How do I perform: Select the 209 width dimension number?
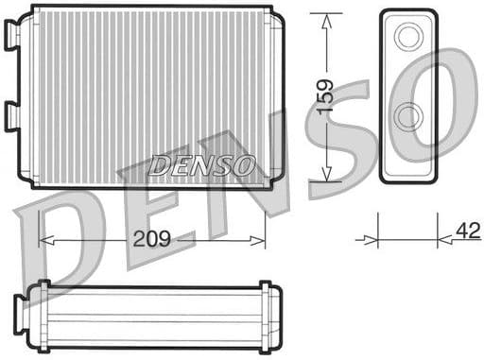(x=151, y=239)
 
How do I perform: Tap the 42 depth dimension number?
(x=467, y=231)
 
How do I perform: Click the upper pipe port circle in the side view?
(x=409, y=38)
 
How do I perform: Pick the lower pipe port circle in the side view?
(x=409, y=117)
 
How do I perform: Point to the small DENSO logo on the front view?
(x=202, y=166)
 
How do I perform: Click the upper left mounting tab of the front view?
(x=12, y=35)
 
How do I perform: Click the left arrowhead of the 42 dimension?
(x=372, y=240)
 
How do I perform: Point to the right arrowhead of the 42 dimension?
(x=445, y=240)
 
